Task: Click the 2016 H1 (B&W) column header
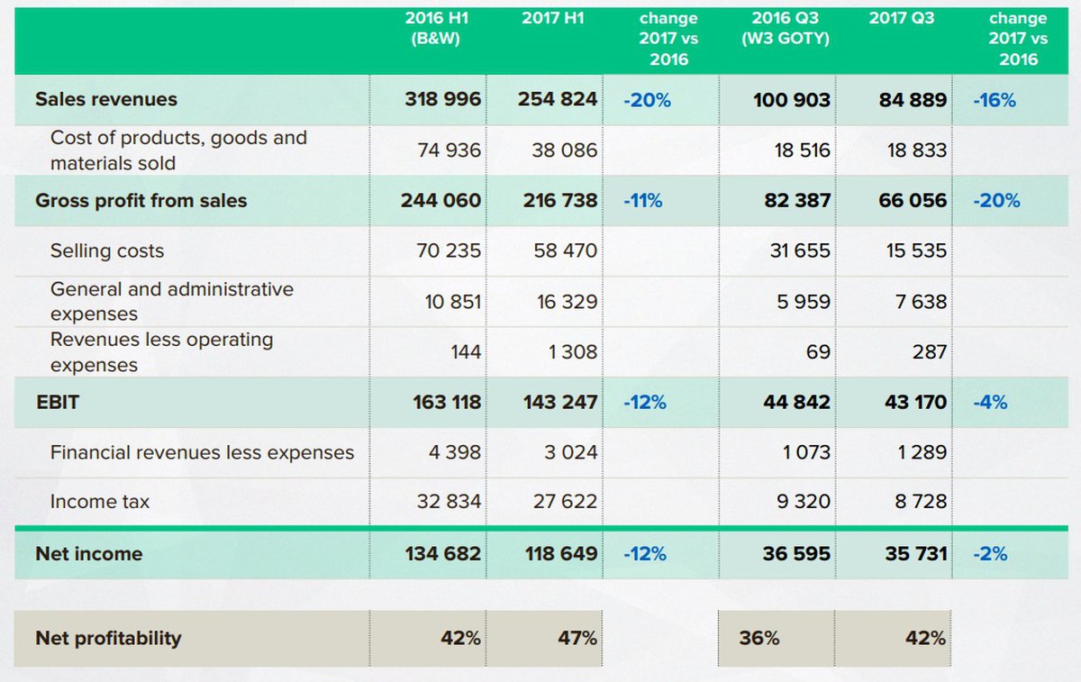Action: pyautogui.click(x=437, y=28)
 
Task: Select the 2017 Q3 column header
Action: pyautogui.click(x=902, y=18)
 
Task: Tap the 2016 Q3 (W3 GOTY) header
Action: pyautogui.click(x=785, y=28)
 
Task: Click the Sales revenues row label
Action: pyautogui.click(x=106, y=99)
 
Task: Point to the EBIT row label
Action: pyautogui.click(x=57, y=403)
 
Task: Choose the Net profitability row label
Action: pyautogui.click(x=108, y=638)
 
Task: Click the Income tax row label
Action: pyautogui.click(x=100, y=502)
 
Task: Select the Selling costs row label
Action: pyautogui.click(x=107, y=250)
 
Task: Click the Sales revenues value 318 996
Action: pyautogui.click(x=442, y=99)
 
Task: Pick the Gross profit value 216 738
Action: pyautogui.click(x=559, y=201)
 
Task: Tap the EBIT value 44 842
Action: pyautogui.click(x=796, y=403)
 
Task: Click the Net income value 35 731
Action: pyautogui.click(x=915, y=554)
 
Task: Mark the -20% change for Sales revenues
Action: pyautogui.click(x=647, y=100)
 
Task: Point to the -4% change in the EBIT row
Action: pyautogui.click(x=990, y=403)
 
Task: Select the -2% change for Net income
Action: pyautogui.click(x=990, y=554)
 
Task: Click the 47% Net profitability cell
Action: pyautogui.click(x=577, y=638)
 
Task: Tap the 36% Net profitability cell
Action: pyautogui.click(x=759, y=638)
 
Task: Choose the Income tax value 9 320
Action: pyautogui.click(x=803, y=502)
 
